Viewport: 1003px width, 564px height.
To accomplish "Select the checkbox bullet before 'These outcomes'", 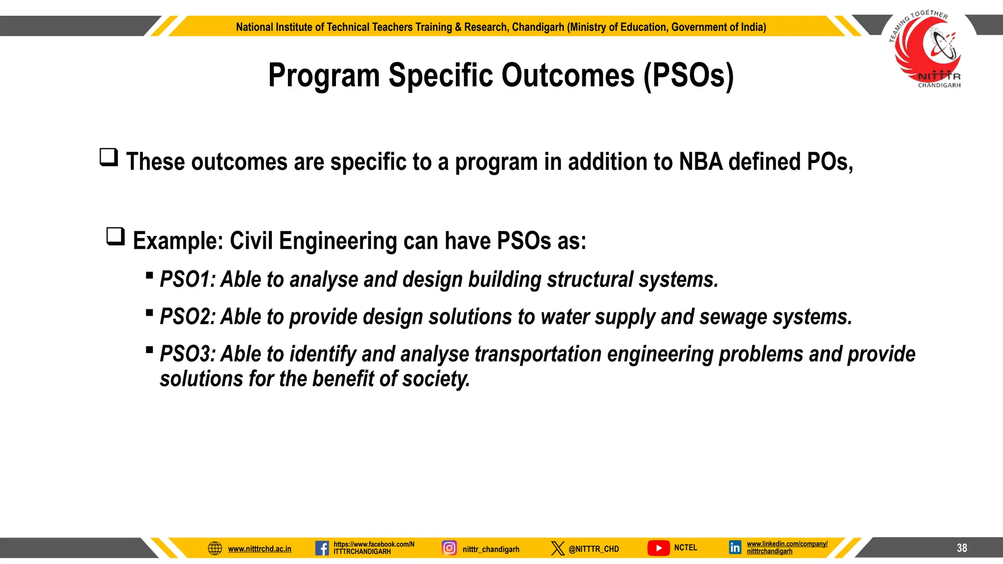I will pos(109,158).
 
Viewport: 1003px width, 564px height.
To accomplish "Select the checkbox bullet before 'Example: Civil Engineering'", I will pos(116,236).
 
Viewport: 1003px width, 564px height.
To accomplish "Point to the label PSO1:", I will pos(188,280).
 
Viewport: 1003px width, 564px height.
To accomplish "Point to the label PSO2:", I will pos(188,317).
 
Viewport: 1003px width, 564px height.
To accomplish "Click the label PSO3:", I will pos(188,354).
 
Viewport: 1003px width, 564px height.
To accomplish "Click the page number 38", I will pos(962,548).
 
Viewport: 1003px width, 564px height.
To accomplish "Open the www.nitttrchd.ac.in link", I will pos(260,549).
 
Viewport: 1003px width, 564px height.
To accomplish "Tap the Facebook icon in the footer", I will pos(322,548).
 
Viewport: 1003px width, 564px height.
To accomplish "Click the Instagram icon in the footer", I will pos(449,548).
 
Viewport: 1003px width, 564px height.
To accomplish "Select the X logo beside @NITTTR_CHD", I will pos(557,548).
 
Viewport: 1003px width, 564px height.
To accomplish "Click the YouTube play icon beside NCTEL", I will pos(658,548).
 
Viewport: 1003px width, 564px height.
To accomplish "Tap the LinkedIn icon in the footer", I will pos(735,547).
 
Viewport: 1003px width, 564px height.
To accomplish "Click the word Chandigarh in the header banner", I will pos(538,27).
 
